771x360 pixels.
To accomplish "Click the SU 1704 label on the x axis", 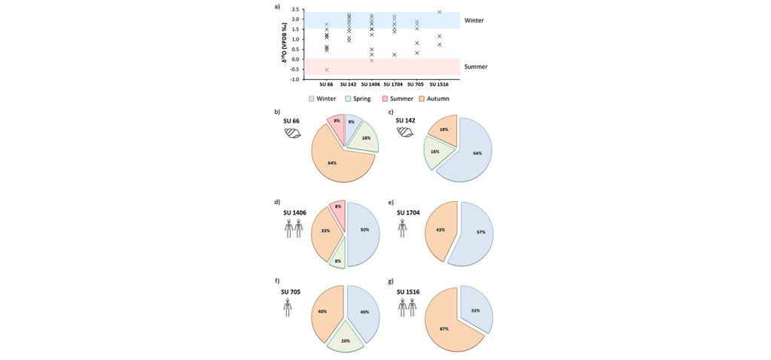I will tap(393, 84).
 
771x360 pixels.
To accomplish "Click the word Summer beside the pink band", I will tap(475, 67).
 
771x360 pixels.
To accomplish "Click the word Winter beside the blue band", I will tap(474, 20).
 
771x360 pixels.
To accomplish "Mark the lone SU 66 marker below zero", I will tap(327, 69).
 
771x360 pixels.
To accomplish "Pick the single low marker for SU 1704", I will tap(394, 54).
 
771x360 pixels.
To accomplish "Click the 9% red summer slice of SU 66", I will tap(337, 122).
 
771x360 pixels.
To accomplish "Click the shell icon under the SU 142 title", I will tap(405, 133).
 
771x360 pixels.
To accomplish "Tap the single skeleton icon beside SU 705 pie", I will tap(287, 308).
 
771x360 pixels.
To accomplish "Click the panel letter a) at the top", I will tap(278, 7).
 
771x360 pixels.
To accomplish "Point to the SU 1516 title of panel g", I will tap(407, 291).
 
